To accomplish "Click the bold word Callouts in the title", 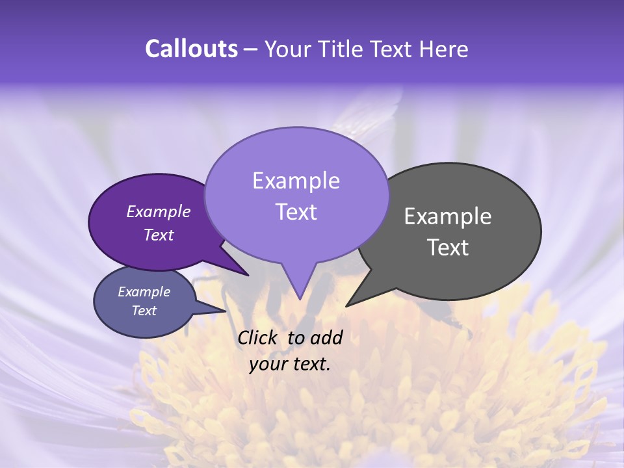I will click(x=191, y=49).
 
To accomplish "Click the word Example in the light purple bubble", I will click(x=296, y=181).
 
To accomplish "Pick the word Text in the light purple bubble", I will click(x=296, y=212).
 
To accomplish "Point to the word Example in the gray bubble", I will click(x=448, y=216).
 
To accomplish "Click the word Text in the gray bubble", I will click(x=448, y=248).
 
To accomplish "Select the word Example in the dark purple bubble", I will click(x=158, y=212).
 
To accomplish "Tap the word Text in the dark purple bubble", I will click(x=158, y=235).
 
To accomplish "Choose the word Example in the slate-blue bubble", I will click(x=144, y=292).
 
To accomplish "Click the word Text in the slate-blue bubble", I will click(x=144, y=311).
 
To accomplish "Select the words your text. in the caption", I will click(x=289, y=364).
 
